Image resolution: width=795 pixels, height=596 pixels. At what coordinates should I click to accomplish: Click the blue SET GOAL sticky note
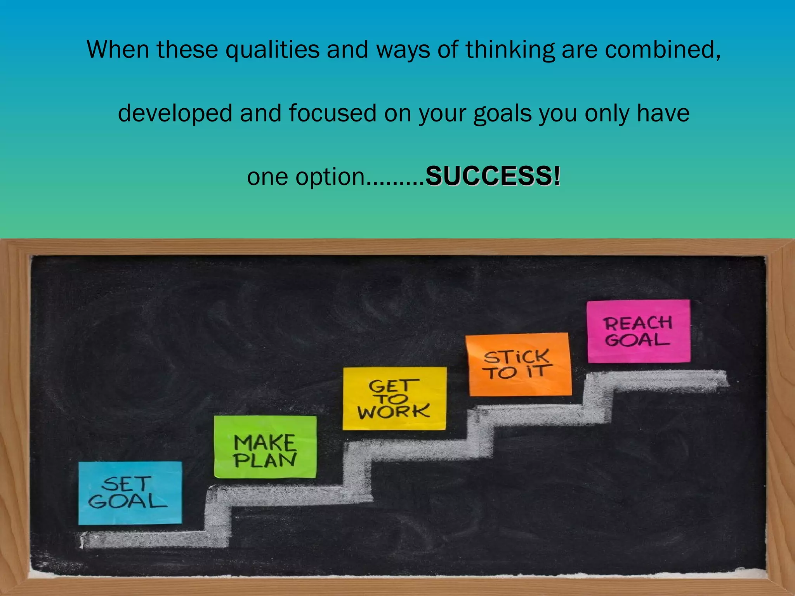coord(130,493)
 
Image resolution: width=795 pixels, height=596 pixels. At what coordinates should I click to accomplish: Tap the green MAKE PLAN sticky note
coord(265,447)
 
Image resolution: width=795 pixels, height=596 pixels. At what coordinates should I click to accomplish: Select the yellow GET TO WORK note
coord(394,398)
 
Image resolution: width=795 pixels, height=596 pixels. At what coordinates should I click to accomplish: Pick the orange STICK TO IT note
coord(519,364)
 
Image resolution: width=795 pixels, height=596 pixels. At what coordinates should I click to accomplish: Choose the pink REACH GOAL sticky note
coord(638,331)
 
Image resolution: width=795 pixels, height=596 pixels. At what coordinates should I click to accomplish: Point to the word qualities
coord(273,50)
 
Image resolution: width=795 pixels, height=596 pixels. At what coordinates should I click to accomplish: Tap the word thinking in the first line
coord(510,50)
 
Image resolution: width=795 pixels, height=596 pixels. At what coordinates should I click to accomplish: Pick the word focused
coord(332,113)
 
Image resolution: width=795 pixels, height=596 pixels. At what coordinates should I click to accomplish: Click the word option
coord(330,177)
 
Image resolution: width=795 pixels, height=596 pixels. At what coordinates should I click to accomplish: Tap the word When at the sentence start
coord(118,50)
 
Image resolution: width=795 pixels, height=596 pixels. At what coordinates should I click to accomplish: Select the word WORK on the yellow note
coord(394,411)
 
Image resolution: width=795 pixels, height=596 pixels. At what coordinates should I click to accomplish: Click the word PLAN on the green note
coord(265,460)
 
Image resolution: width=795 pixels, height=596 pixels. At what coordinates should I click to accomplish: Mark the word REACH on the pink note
coord(637,323)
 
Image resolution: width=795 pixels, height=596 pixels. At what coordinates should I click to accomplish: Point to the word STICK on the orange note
coord(517,357)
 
